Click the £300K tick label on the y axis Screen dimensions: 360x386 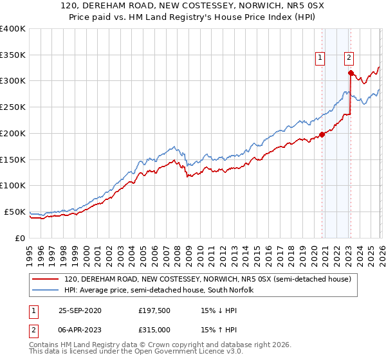(x=12, y=81)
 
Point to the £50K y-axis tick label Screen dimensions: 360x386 (x=14, y=212)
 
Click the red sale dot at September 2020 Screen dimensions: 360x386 (x=322, y=135)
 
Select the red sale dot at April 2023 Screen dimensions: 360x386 (x=351, y=73)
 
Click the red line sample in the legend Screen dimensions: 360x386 (x=46, y=280)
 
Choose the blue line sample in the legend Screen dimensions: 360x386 (x=46, y=291)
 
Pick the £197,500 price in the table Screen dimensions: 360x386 (x=154, y=310)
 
